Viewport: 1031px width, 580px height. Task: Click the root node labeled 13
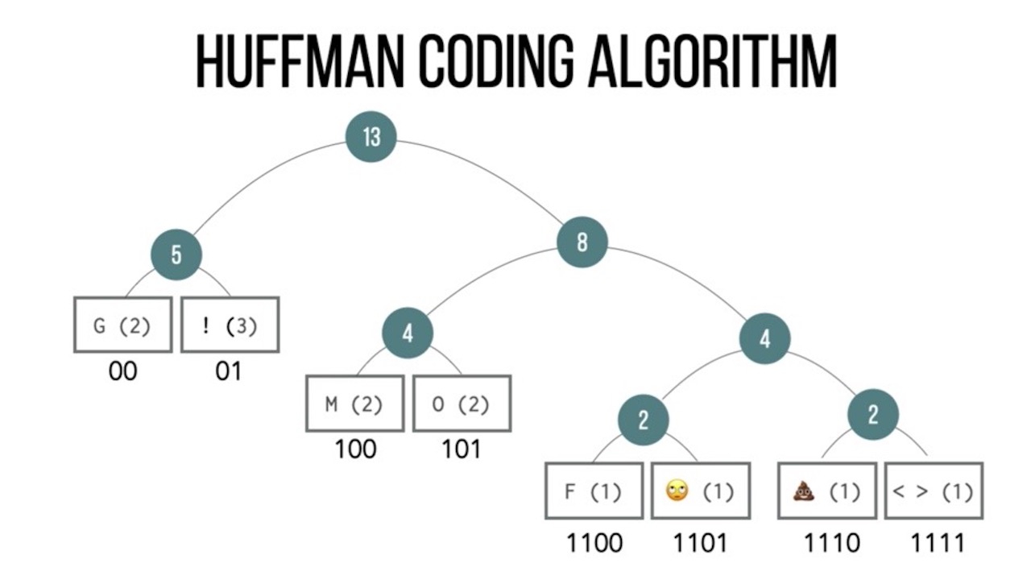coord(371,136)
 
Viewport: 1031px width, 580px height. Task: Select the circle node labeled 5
coord(176,255)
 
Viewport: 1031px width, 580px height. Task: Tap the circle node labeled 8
coord(582,242)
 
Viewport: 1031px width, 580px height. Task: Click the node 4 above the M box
coord(408,333)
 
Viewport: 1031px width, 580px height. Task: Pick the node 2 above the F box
coord(644,419)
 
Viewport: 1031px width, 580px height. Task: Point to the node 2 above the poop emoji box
coord(873,415)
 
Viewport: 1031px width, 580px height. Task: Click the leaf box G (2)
coord(122,325)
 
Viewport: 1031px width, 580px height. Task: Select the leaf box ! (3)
coord(230,325)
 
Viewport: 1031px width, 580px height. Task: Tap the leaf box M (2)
coord(354,403)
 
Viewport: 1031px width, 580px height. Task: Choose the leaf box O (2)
coord(462,403)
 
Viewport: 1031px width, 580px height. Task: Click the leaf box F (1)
coord(594,490)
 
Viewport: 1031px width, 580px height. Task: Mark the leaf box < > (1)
coord(934,490)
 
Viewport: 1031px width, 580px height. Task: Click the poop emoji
coord(805,490)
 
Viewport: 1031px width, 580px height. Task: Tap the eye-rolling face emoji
coord(676,490)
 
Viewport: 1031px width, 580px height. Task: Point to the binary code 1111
coord(938,542)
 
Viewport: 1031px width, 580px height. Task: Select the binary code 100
coord(355,448)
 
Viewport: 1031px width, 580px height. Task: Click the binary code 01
coord(229,371)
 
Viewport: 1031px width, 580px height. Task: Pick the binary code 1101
coord(701,542)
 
